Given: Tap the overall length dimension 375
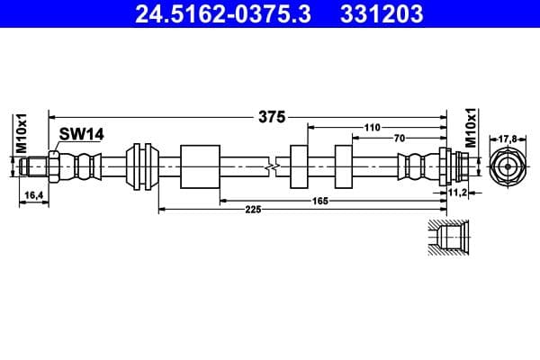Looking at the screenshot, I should [x=271, y=116].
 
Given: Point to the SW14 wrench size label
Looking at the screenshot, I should [x=81, y=134].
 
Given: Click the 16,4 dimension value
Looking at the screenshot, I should [x=31, y=194].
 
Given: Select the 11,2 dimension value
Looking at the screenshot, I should [x=456, y=192].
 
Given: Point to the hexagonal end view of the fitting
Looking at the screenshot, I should [x=507, y=166].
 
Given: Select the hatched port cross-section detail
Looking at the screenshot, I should [x=445, y=240].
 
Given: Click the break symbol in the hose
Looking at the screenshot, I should [x=273, y=166].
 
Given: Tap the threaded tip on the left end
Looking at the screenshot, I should [x=36, y=166].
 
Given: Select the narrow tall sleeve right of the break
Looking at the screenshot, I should [x=301, y=166].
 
